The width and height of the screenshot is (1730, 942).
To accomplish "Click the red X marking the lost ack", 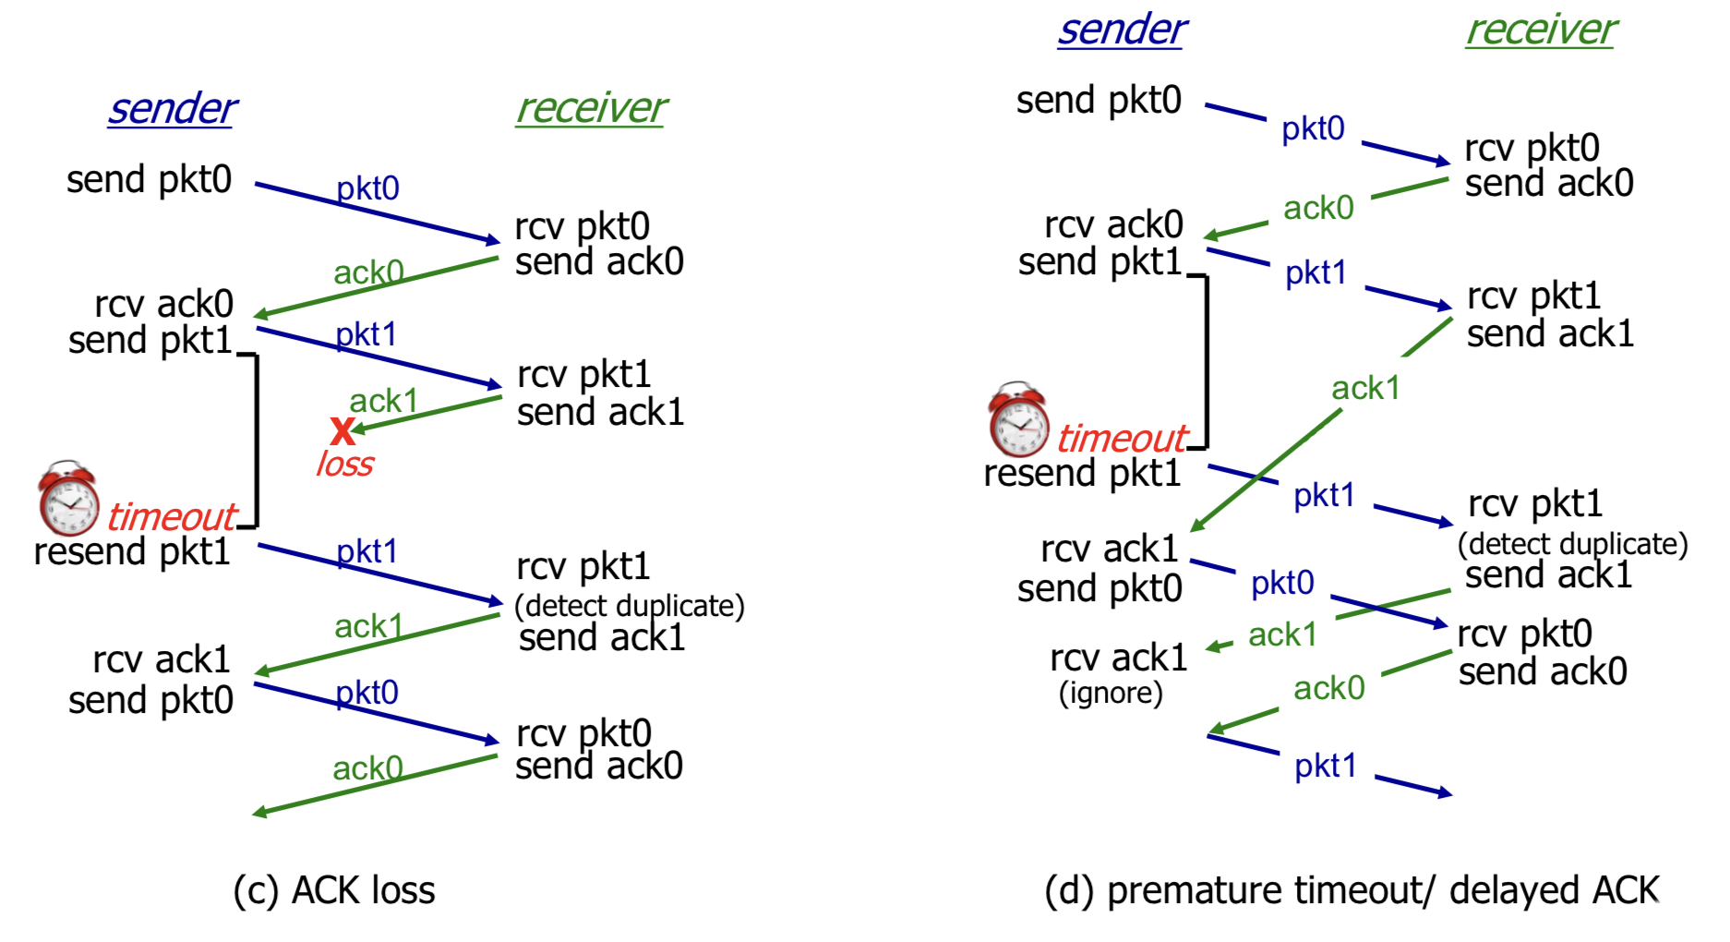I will tap(342, 430).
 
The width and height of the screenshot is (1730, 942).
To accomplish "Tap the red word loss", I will tap(345, 464).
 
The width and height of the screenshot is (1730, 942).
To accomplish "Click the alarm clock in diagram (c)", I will tap(68, 498).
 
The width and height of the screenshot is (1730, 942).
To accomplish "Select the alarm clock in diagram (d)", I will tap(1018, 419).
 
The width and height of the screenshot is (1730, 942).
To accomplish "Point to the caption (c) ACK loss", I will tap(334, 890).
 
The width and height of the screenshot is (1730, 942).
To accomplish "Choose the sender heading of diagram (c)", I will tap(173, 109).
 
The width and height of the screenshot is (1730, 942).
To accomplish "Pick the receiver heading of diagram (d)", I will tap(1541, 30).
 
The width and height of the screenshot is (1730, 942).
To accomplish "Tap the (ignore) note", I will tap(1111, 693).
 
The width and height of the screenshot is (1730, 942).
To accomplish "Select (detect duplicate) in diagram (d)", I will tap(1572, 544).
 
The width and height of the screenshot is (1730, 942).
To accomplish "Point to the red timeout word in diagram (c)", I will tap(172, 516).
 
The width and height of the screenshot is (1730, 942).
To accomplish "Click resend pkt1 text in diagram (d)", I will tap(1082, 474).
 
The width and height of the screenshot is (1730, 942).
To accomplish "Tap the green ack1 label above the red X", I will tap(383, 401).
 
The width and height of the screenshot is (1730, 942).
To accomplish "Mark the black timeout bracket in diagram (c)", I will tap(256, 440).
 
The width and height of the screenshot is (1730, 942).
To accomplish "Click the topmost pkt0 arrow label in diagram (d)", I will tap(1313, 129).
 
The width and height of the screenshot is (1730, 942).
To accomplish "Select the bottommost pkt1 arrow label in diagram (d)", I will tap(1325, 766).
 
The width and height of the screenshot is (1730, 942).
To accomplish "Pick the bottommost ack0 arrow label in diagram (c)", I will tap(367, 768).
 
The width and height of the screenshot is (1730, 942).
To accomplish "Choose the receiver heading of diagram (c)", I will tap(591, 109).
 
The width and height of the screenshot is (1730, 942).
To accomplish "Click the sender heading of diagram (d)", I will tap(1122, 30).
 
